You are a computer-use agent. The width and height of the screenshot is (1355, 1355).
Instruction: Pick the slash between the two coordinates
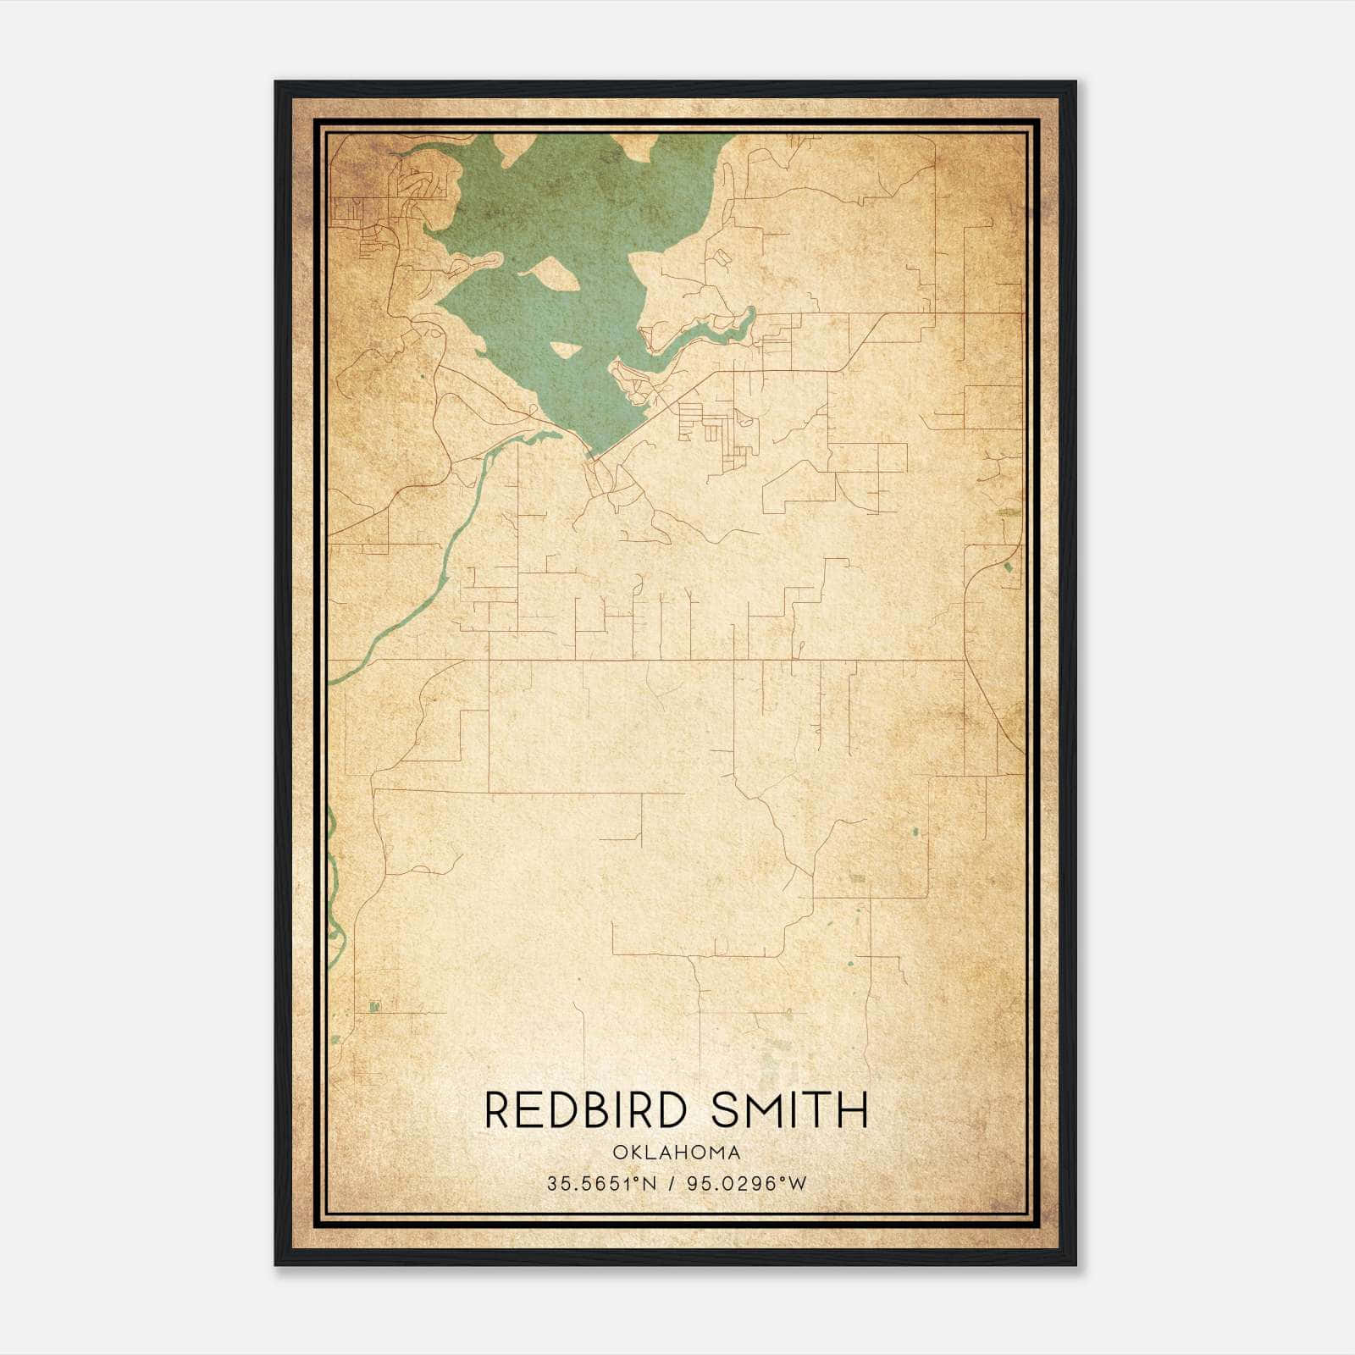click(672, 1183)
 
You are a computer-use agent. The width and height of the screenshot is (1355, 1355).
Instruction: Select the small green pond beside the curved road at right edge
click(1007, 567)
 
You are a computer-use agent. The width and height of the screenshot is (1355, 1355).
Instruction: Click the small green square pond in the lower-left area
click(374, 1006)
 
